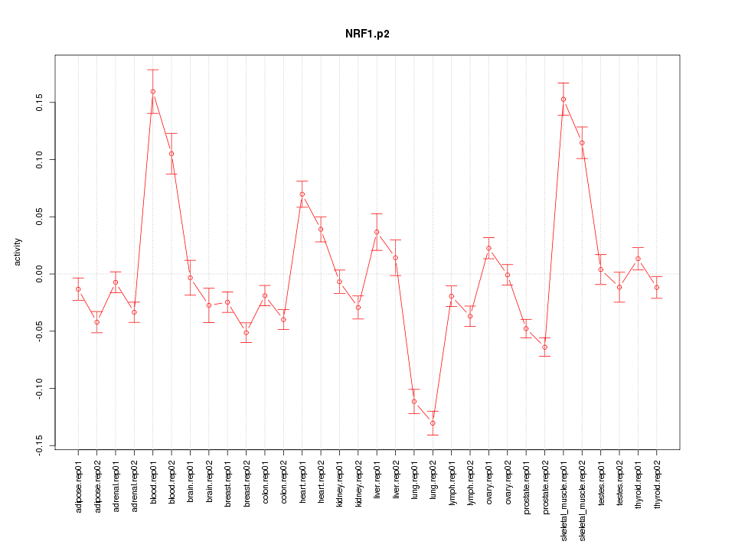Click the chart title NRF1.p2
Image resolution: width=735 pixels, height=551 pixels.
click(367, 34)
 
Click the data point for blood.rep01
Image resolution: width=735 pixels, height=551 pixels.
click(152, 92)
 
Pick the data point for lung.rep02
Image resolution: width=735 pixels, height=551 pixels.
click(433, 423)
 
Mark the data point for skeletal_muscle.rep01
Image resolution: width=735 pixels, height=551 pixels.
click(563, 99)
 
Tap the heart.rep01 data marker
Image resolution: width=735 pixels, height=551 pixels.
click(302, 194)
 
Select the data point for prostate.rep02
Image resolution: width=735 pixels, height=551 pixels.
click(545, 347)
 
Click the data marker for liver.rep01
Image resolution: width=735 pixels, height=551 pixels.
click(377, 232)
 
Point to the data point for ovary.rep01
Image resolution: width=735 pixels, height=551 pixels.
click(488, 248)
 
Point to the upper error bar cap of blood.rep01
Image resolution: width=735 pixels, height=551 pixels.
click(152, 70)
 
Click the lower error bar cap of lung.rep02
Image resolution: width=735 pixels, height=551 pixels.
click(433, 435)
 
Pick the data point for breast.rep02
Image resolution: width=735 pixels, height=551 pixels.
click(246, 333)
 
